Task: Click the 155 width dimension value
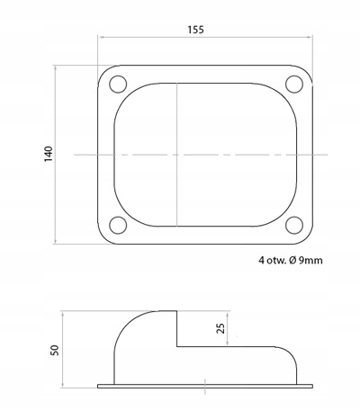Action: (195, 30)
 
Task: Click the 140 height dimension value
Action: (49, 154)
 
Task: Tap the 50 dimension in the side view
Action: (55, 350)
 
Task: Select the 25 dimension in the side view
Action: (220, 328)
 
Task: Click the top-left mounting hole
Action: (118, 85)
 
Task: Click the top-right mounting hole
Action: (294, 85)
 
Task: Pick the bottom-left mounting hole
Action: (118, 225)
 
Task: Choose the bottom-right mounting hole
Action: (294, 225)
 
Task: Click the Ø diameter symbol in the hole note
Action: (292, 261)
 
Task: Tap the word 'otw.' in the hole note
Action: (276, 261)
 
